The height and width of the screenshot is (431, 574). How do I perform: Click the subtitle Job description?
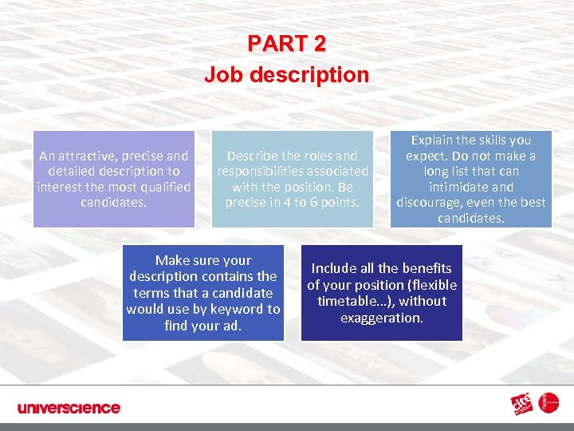coord(286,75)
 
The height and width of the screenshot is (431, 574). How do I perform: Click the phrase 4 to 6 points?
coord(320,202)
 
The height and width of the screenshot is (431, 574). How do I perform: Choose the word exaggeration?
coord(381,318)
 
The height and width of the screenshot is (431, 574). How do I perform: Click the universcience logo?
coord(69,408)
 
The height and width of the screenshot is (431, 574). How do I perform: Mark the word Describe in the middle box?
coord(254,156)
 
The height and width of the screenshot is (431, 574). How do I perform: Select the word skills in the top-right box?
coord(491,140)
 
